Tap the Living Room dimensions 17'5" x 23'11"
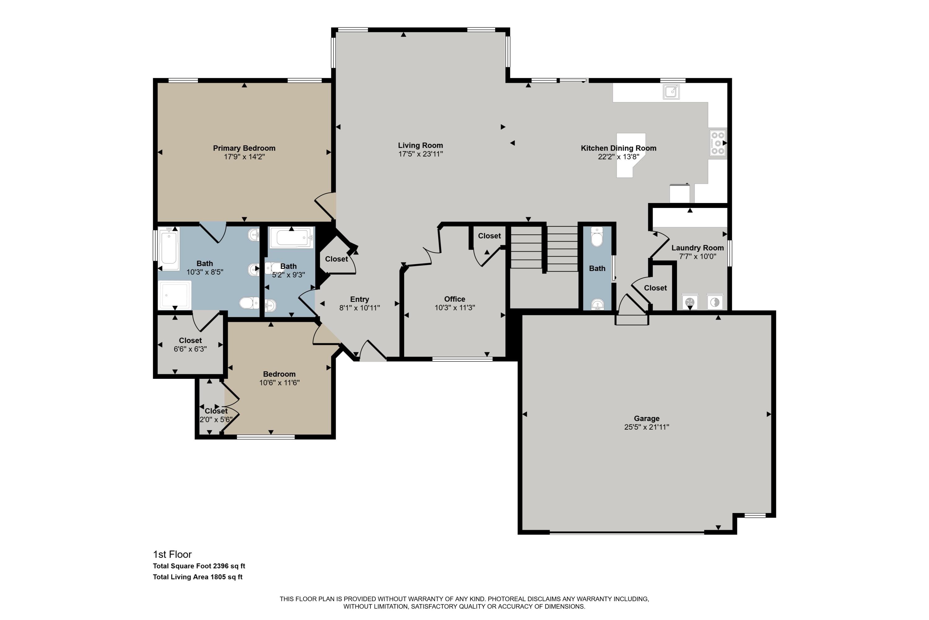[x=421, y=154]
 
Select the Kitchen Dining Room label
[x=618, y=148]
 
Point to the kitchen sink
[x=671, y=92]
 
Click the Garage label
[x=647, y=418]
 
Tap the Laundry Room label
[x=698, y=248]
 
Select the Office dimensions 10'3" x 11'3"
[x=455, y=308]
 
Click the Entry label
[x=360, y=299]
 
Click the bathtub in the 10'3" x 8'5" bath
[x=169, y=249]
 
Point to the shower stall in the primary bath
[x=175, y=295]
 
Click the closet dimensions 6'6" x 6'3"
[x=190, y=349]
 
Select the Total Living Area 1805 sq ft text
[x=198, y=577]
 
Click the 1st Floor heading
[x=172, y=554]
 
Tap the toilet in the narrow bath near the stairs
[x=597, y=237]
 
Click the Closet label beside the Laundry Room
[x=655, y=288]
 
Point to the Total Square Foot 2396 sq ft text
[x=199, y=566]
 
